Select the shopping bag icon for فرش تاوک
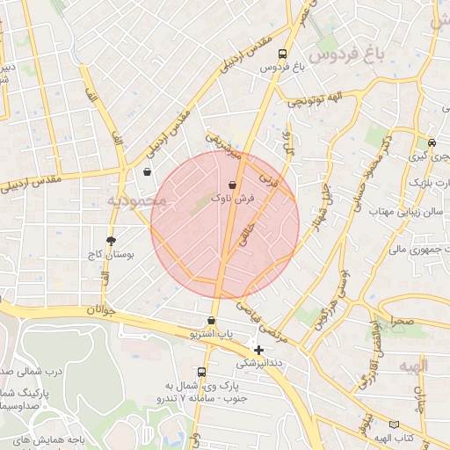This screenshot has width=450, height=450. point(232,185)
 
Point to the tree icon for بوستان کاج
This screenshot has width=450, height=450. point(111,240)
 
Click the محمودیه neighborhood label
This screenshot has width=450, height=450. point(137,202)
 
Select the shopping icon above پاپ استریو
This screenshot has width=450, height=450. point(211,321)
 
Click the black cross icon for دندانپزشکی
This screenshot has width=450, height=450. point(258,350)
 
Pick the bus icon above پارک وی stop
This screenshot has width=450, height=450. point(202,373)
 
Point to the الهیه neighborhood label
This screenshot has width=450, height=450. point(410,366)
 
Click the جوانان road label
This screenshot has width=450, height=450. point(102,310)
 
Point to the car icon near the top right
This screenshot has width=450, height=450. point(432,142)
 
